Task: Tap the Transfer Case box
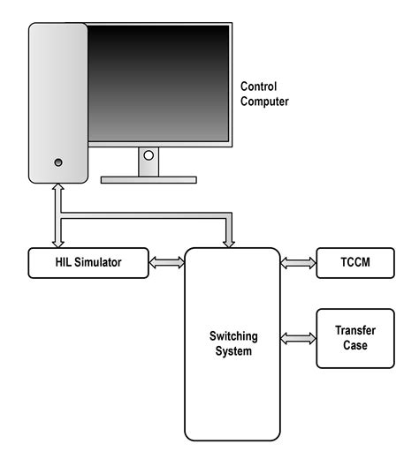354,338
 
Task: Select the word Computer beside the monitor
265,102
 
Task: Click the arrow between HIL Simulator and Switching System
165,262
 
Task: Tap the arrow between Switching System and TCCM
299,262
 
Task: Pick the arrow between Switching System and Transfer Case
299,338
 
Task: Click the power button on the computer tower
58,162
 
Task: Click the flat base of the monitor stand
149,179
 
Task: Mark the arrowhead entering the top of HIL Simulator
58,243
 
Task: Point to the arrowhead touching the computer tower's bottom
58,190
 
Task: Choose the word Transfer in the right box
354,331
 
